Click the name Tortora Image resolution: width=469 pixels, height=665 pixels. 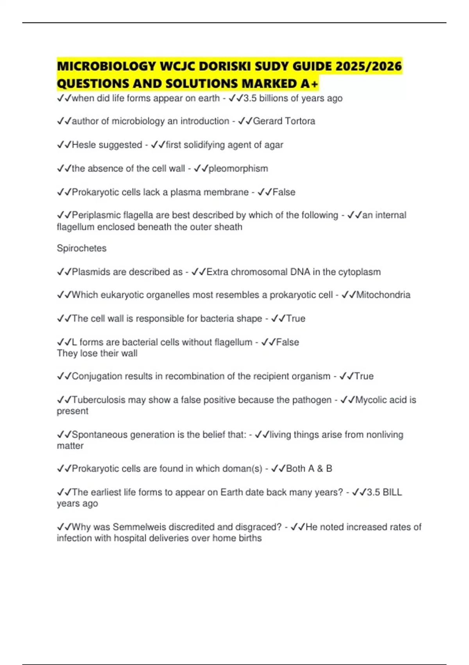(300, 121)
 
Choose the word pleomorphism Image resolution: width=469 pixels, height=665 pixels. (238, 169)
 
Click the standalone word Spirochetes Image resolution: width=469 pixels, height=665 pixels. (82, 248)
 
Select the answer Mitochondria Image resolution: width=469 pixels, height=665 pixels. (383, 295)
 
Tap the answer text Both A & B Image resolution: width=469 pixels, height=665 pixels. (309, 469)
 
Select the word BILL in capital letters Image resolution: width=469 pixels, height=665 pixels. (392, 492)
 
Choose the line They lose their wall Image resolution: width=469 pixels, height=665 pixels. (97, 354)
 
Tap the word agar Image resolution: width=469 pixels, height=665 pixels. (274, 145)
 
